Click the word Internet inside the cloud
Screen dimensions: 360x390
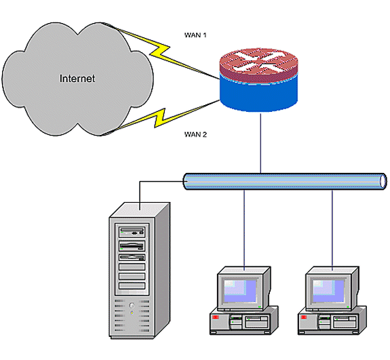[77, 79]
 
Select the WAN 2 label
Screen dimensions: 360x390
[196, 134]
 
